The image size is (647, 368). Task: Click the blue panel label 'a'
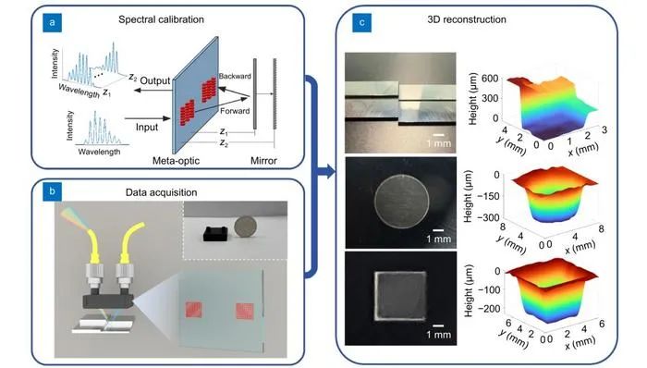(52, 22)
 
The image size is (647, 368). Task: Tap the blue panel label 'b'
(52, 191)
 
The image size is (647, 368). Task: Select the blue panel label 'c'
(362, 22)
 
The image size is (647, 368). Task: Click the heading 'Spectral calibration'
(161, 19)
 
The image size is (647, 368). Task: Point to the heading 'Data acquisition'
(162, 192)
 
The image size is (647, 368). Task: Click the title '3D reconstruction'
(467, 19)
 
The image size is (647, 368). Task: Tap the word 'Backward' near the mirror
(235, 77)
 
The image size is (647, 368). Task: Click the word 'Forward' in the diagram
(235, 111)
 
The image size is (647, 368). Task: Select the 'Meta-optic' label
(176, 161)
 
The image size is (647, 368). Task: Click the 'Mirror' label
(263, 161)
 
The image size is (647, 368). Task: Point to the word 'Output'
(155, 80)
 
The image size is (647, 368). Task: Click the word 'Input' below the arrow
(147, 127)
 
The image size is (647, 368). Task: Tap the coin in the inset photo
(246, 227)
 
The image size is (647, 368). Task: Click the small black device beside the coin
(215, 234)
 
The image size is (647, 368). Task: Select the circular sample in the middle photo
(402, 202)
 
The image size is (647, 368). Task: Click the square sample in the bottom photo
(400, 295)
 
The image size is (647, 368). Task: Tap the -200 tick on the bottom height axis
(489, 309)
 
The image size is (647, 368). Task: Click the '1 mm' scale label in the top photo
(438, 143)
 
